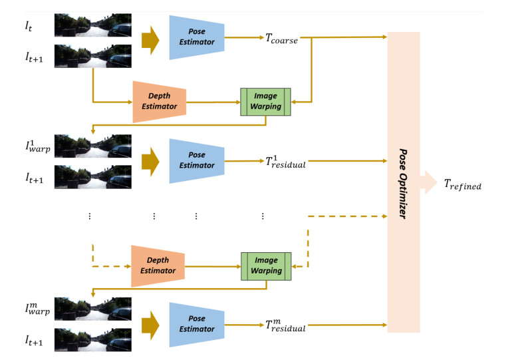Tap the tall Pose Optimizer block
click(x=404, y=180)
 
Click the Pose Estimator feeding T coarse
click(x=196, y=37)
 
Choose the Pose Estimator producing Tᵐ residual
click(x=196, y=324)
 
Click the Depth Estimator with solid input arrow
click(x=159, y=102)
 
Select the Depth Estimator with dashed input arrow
click(x=159, y=267)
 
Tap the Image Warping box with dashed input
click(x=266, y=266)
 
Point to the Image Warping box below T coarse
click(x=266, y=102)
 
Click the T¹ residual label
click(x=285, y=160)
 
